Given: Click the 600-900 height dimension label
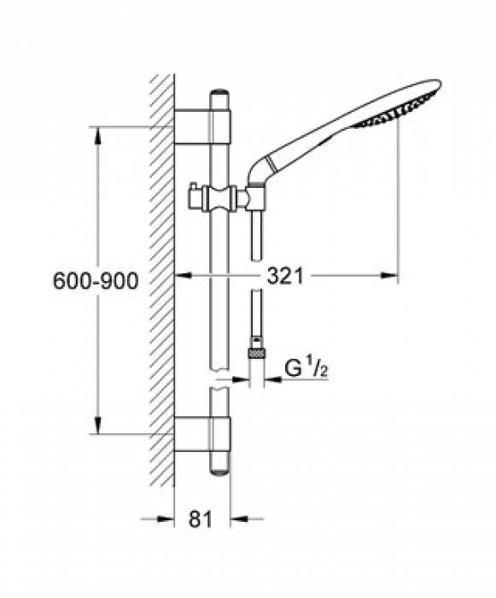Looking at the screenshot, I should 96,281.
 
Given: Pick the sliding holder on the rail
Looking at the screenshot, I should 221,197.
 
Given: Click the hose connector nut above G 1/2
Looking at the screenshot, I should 254,351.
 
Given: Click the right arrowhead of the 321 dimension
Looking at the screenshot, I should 392,276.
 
